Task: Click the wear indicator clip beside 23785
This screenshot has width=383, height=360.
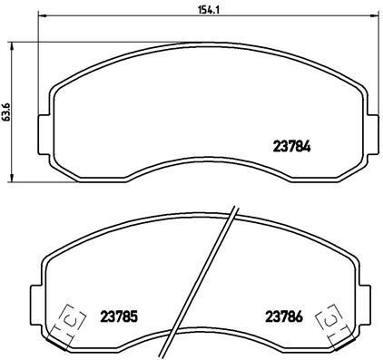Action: point(69,318)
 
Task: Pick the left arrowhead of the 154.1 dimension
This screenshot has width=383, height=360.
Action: point(42,16)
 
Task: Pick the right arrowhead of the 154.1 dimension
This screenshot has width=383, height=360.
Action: point(371,16)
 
